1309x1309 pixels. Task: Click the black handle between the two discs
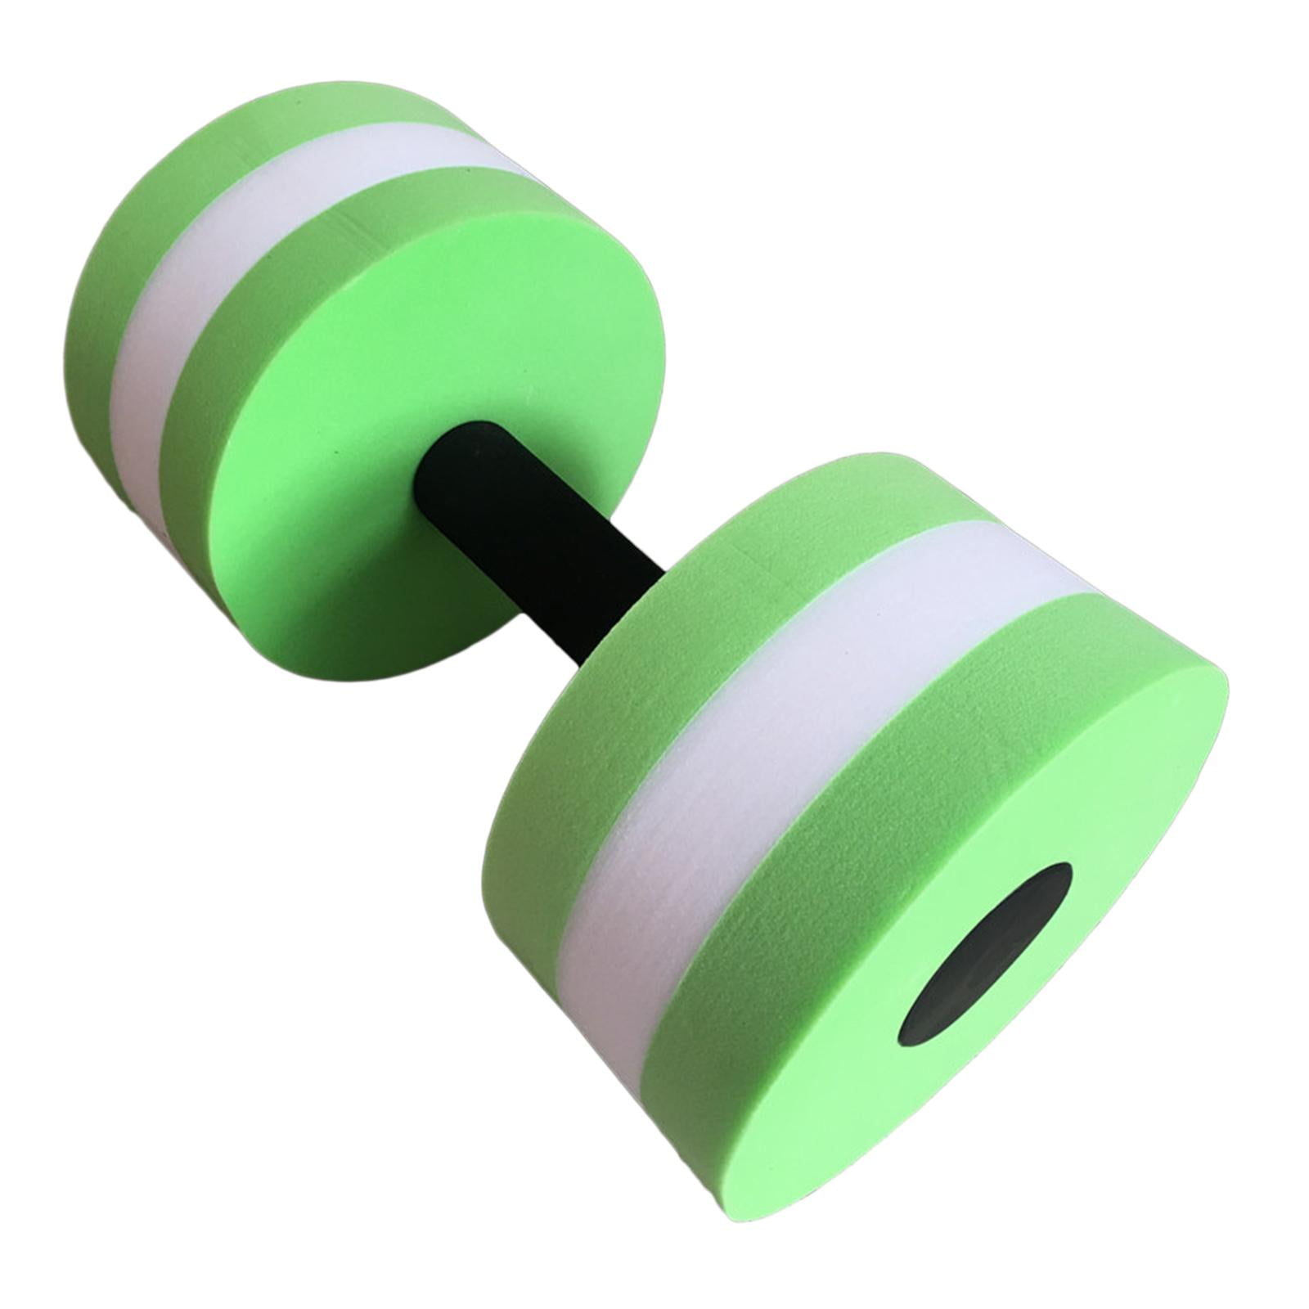(x=532, y=532)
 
